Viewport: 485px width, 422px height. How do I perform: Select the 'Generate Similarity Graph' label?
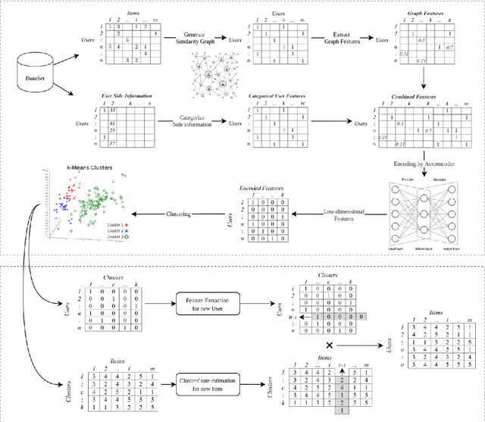pyautogui.click(x=201, y=39)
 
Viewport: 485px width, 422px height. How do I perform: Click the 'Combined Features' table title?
pyautogui.click(x=420, y=97)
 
